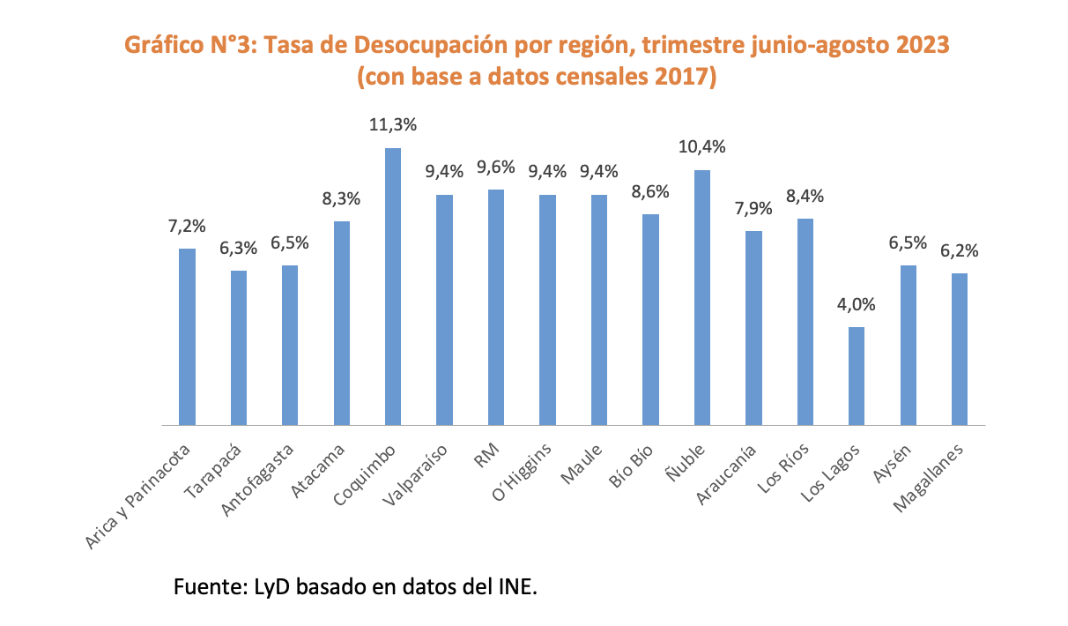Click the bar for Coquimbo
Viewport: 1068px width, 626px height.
393,287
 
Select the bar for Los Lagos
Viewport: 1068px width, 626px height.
857,376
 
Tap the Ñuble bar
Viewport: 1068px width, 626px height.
702,298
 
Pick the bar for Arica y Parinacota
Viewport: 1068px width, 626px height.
187,337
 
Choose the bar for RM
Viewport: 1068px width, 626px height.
496,308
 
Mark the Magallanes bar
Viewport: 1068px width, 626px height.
960,349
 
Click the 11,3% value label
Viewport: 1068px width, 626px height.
393,126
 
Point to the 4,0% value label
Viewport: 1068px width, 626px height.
857,305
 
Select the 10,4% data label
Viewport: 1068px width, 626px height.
702,147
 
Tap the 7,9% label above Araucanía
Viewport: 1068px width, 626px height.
753,209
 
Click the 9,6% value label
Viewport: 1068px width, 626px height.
496,168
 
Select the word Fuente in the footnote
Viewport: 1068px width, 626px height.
203,586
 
